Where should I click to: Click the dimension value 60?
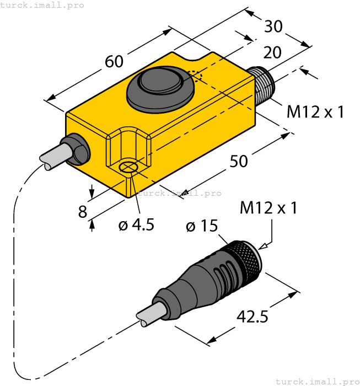114,62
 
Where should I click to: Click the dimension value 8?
83,212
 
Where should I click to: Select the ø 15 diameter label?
202,226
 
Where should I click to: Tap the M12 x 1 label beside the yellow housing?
315,111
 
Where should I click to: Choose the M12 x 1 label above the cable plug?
268,208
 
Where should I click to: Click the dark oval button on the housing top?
160,85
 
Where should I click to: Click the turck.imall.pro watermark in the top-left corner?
42,5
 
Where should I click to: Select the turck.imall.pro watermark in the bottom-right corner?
316,381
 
